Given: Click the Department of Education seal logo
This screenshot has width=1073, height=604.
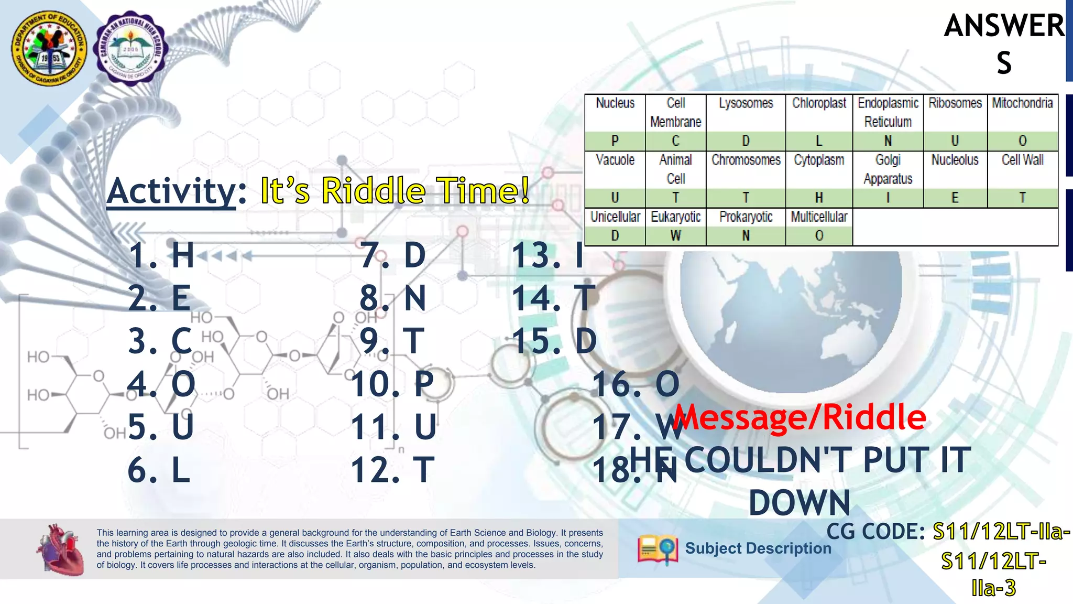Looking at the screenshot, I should coord(50,48).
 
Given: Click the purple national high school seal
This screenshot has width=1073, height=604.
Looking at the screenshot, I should coord(130,48).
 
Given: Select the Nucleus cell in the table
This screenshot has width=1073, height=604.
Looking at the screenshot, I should coord(615,103).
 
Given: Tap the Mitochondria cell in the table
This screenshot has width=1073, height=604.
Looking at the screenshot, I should coord(1022,103).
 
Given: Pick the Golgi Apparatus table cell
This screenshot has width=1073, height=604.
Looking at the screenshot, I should coord(888,169).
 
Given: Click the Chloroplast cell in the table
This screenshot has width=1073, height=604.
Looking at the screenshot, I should coord(819,103).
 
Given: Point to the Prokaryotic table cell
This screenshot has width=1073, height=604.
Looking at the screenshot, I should coord(746,217).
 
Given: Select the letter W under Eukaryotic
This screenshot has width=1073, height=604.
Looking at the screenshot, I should coord(675,236).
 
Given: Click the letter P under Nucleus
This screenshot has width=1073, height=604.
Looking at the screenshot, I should coord(615,141).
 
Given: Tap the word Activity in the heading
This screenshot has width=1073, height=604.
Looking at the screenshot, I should coord(172,191).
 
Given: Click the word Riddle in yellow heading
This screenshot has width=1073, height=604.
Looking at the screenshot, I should coord(373,191).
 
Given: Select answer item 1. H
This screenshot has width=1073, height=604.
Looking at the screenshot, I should coord(161,255).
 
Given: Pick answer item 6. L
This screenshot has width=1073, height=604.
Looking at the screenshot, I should coord(159,470).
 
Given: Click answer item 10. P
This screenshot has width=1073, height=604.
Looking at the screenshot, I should coord(392,384).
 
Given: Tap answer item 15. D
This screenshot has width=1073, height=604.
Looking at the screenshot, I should coord(554,341).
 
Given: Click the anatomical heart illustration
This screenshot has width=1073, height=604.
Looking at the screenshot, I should coord(61,549).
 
